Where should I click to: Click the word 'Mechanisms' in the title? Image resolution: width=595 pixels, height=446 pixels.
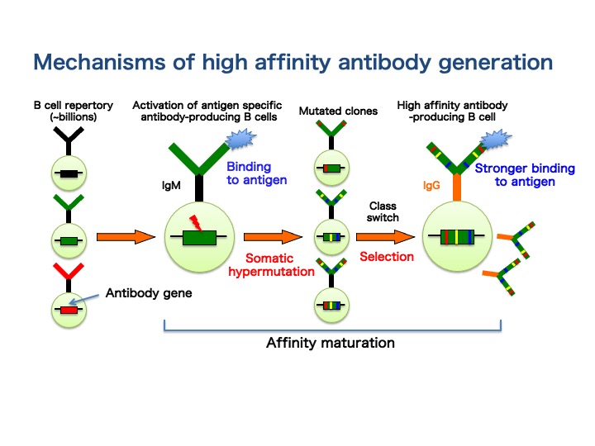click(x=99, y=62)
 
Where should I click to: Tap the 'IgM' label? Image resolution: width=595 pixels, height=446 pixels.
click(x=171, y=186)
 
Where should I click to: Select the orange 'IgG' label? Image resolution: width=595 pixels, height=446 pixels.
click(x=431, y=186)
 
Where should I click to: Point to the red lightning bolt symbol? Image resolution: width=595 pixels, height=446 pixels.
click(x=196, y=223)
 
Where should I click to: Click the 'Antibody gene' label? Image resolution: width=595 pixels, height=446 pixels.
click(x=149, y=293)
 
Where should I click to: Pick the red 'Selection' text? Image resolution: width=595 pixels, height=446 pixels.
click(x=387, y=257)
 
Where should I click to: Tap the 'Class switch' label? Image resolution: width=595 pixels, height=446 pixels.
click(x=383, y=211)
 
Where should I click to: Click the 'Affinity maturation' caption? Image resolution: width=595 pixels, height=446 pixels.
click(x=331, y=343)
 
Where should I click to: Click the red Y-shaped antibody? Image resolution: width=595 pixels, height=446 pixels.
click(x=69, y=274)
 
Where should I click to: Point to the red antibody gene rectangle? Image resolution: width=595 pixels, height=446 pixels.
click(x=69, y=311)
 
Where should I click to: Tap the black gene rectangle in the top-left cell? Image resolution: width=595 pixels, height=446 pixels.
click(x=69, y=174)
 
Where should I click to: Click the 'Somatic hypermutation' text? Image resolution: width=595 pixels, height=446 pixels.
click(x=271, y=265)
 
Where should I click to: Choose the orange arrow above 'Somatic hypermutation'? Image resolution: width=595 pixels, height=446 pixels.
click(x=274, y=237)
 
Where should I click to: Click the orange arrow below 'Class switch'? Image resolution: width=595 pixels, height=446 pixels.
click(x=386, y=237)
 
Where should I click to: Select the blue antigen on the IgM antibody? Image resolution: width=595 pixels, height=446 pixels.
click(x=241, y=139)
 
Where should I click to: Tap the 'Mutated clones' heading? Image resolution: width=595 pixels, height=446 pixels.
click(x=338, y=111)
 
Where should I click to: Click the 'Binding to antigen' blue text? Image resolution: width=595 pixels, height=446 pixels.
click(x=256, y=173)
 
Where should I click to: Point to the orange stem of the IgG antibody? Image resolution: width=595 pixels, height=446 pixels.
click(x=457, y=187)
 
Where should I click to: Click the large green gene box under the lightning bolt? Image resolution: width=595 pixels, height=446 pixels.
click(x=199, y=238)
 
